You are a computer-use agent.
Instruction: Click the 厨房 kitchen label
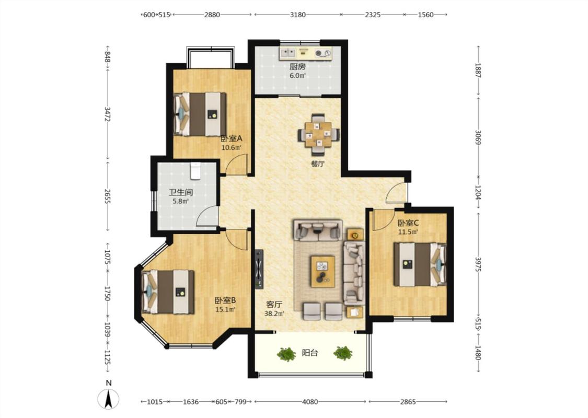click(x=297, y=67)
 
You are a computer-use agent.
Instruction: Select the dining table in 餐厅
click(x=318, y=134)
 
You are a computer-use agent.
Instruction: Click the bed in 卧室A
click(x=200, y=114)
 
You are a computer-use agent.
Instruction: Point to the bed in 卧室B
click(x=168, y=292)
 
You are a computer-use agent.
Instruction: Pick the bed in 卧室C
click(x=420, y=265)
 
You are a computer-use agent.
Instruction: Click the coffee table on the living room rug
click(x=322, y=271)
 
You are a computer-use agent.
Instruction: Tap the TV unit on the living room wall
click(x=259, y=269)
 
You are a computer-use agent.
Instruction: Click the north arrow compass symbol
click(x=108, y=398)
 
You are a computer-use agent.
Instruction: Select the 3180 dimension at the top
click(x=298, y=15)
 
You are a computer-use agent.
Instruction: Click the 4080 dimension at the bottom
click(x=310, y=402)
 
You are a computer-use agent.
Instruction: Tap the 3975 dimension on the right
click(x=478, y=264)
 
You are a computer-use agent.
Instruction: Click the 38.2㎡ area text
click(x=274, y=313)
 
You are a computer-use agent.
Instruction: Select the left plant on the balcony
click(x=286, y=354)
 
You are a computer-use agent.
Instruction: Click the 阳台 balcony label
click(x=310, y=353)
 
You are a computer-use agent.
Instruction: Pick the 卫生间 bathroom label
click(x=181, y=193)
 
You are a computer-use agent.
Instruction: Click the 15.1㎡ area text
click(x=225, y=309)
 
